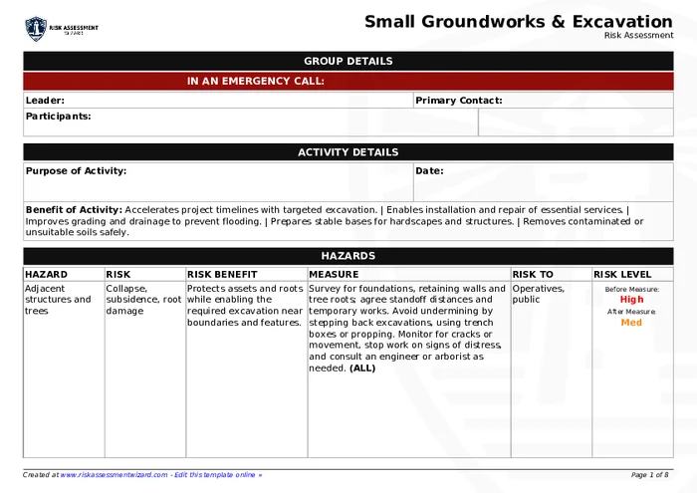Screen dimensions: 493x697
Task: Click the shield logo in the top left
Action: (x=36, y=29)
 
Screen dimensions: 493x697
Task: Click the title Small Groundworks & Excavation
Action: (x=518, y=22)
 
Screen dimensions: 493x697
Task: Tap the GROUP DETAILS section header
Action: (x=348, y=62)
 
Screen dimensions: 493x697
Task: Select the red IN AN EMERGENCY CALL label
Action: (x=256, y=82)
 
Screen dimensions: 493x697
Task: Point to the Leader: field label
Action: (x=45, y=101)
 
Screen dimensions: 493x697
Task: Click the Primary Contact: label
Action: (x=458, y=101)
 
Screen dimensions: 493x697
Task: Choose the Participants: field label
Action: (x=58, y=117)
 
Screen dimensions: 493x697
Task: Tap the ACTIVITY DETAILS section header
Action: (x=348, y=152)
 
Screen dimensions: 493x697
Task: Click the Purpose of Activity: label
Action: (x=76, y=171)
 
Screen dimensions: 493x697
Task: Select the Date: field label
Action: (x=429, y=171)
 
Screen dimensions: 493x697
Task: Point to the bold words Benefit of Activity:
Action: (x=74, y=210)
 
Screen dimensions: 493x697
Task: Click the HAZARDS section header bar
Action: (x=348, y=256)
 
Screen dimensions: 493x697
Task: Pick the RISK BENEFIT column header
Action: (x=222, y=275)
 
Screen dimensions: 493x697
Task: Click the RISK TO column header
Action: (x=533, y=275)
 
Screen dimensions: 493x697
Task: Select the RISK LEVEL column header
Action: (x=622, y=275)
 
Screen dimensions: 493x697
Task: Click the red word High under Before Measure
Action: (x=631, y=299)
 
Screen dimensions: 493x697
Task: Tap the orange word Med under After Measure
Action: (x=631, y=323)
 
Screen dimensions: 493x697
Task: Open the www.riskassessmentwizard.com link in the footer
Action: (x=114, y=475)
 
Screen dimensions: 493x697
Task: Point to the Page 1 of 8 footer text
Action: (x=650, y=475)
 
